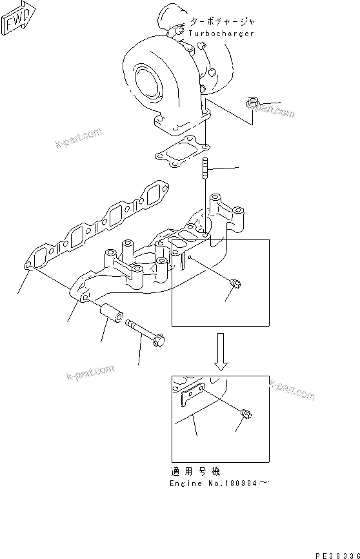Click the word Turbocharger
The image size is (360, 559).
pyautogui.click(x=221, y=33)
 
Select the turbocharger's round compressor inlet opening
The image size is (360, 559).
pyautogui.click(x=149, y=74)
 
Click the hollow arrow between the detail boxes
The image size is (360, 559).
pyautogui.click(x=221, y=352)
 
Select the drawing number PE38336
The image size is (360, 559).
pyautogui.click(x=336, y=554)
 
